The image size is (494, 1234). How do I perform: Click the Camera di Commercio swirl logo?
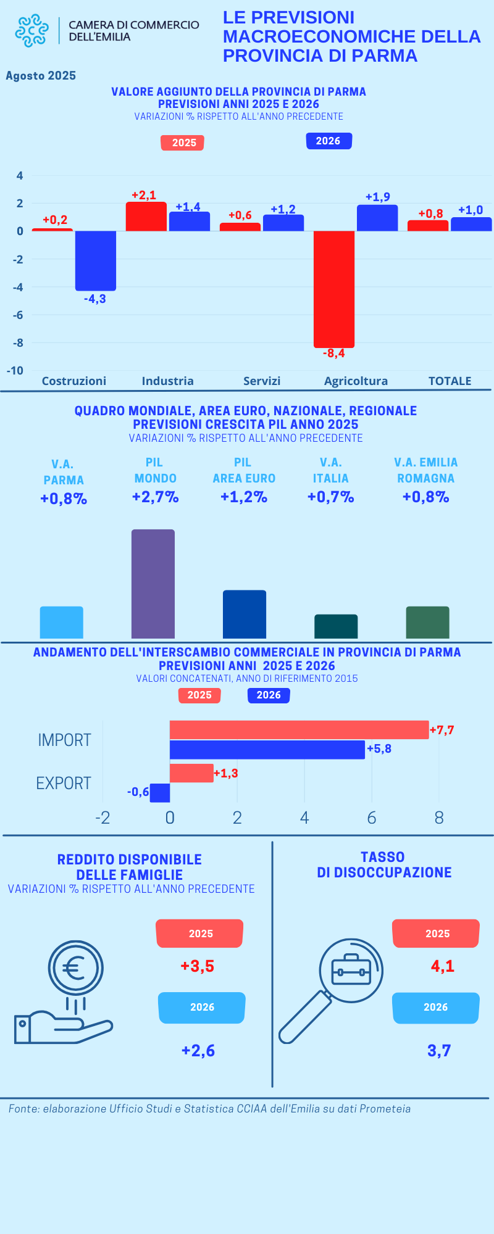[x=31, y=30]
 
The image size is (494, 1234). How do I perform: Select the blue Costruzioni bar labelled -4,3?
[x=96, y=260]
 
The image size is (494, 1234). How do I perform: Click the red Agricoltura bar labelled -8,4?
[x=334, y=289]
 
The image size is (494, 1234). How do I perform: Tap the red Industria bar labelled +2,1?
[x=146, y=217]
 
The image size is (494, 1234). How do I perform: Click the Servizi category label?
[x=262, y=381]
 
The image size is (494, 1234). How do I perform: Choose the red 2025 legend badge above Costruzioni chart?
[x=182, y=143]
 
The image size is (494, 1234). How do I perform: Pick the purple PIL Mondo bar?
[x=153, y=584]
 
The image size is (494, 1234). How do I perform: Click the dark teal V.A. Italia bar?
[x=336, y=626]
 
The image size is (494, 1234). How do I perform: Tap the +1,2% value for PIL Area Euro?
[x=244, y=497]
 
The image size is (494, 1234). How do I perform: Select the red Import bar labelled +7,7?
[x=299, y=730]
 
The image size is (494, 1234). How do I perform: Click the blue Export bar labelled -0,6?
[x=160, y=793]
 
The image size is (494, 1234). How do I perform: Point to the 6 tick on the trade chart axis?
[x=372, y=818]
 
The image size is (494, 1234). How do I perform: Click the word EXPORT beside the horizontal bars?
[x=64, y=784]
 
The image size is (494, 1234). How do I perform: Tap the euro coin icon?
[x=76, y=967]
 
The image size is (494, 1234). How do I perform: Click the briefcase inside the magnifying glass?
[x=351, y=970]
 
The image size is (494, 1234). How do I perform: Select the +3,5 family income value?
[x=198, y=966]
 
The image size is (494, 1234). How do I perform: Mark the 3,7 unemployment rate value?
[x=439, y=1051]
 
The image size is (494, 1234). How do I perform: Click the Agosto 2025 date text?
[x=41, y=76]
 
